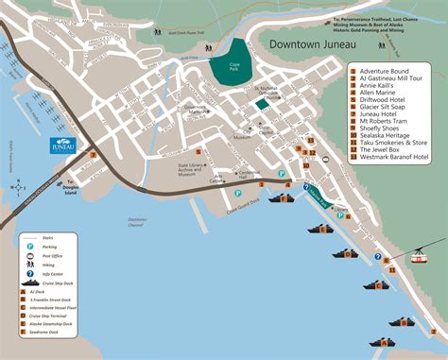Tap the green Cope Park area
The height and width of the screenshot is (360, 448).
[x=226, y=68]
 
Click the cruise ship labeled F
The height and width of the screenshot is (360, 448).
[x=281, y=198]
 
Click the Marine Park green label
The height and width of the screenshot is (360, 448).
[x=313, y=196]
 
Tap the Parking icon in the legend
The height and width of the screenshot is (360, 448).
[x=32, y=245]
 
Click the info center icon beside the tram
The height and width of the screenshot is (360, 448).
[x=377, y=256]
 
